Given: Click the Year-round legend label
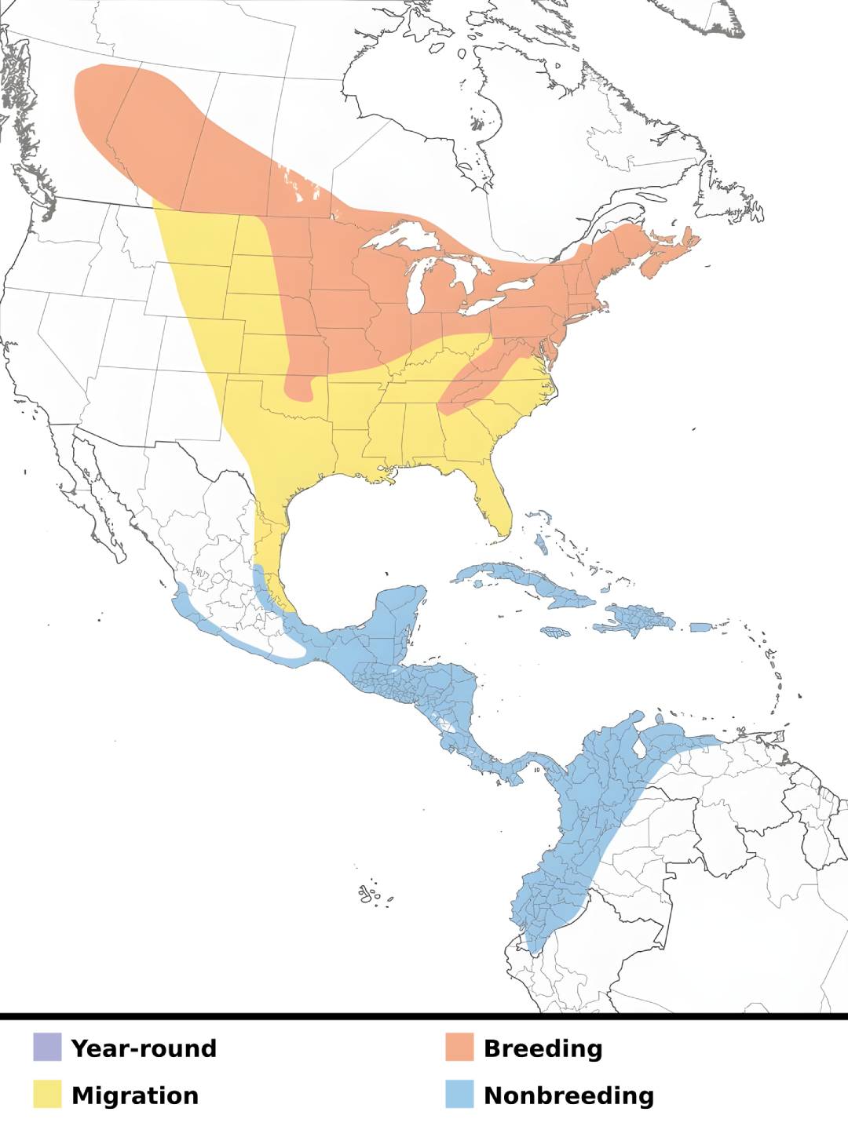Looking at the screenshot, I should point(144,1048).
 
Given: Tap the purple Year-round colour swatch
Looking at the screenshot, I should point(47,1048).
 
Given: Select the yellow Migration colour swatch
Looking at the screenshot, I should point(47,1095).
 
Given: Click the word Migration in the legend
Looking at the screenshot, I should point(135,1095).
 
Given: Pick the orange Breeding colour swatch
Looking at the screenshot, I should point(459,1048).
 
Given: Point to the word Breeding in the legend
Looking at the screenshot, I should point(543,1048).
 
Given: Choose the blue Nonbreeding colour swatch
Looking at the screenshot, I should point(459,1095).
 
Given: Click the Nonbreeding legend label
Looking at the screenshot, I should point(568,1095).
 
